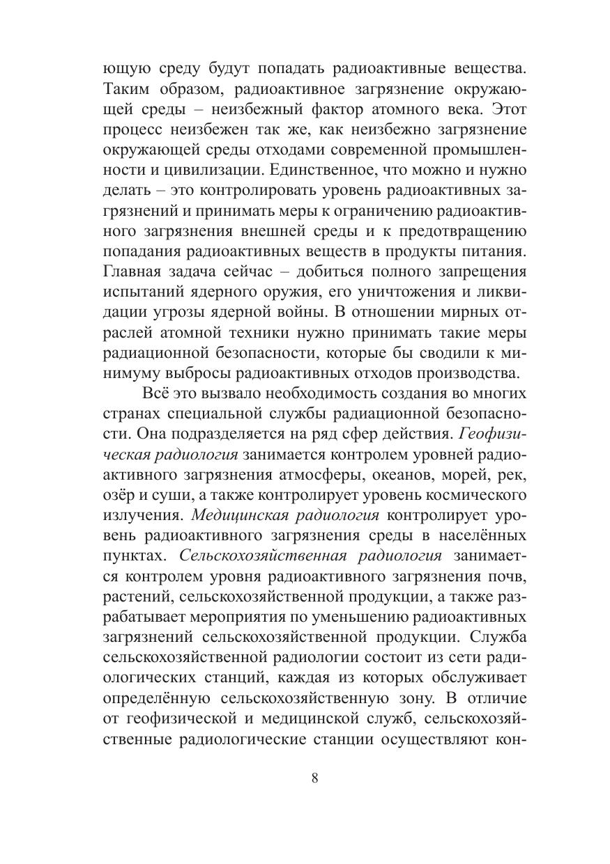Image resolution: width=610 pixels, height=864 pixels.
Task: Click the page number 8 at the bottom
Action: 315,778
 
